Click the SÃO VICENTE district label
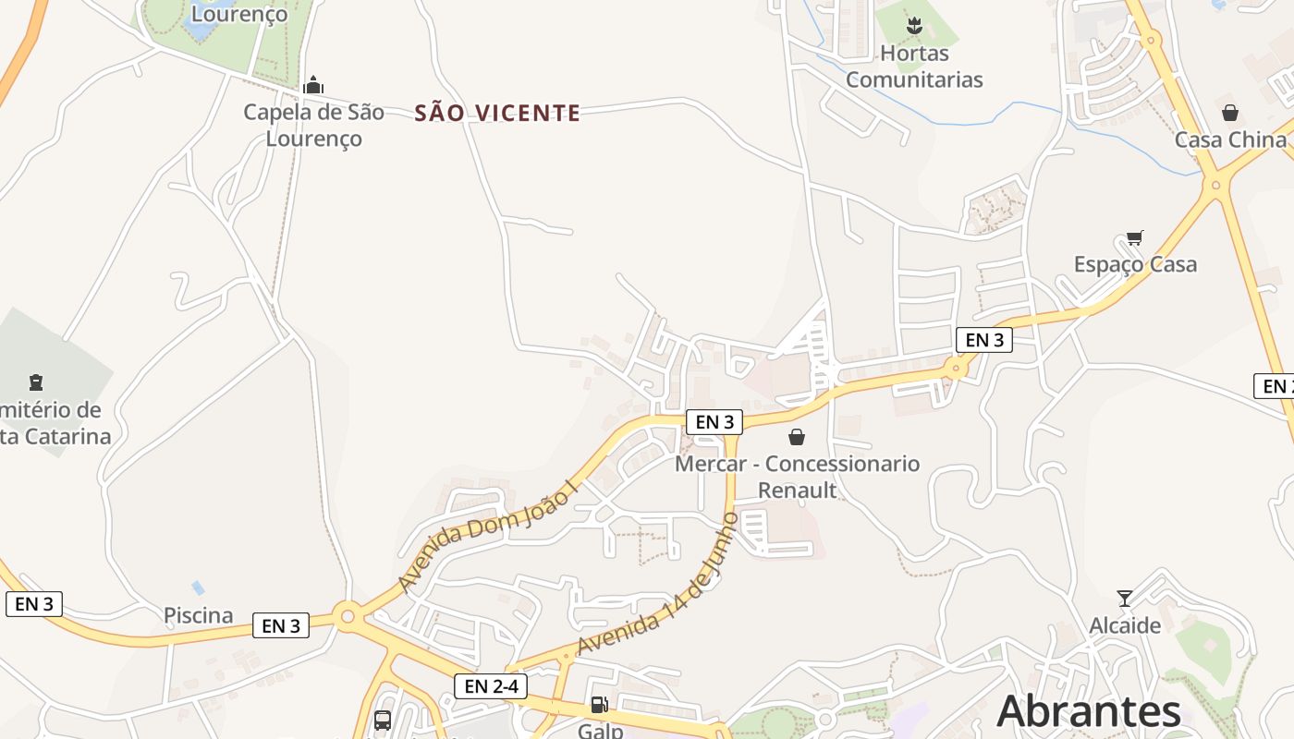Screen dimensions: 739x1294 497,114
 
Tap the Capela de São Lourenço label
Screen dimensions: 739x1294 313,126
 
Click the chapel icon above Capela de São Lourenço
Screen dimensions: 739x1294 313,86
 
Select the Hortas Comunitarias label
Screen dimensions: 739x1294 914,67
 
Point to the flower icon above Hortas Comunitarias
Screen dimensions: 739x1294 914,26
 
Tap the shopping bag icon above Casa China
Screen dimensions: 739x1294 1229,113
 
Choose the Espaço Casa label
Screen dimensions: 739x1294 1135,264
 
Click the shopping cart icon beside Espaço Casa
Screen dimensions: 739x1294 1135,237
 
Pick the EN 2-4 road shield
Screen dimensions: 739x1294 491,685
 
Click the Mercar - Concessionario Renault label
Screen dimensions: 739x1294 797,477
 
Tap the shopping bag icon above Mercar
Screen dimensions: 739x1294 797,437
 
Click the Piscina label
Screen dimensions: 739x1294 198,615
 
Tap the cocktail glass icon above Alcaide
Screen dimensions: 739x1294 1125,599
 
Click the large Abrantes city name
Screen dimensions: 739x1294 1089,711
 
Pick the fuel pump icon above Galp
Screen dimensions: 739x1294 599,706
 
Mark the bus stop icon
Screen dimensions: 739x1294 383,721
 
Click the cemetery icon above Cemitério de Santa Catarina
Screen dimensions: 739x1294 36,382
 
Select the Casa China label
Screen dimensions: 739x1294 1229,139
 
